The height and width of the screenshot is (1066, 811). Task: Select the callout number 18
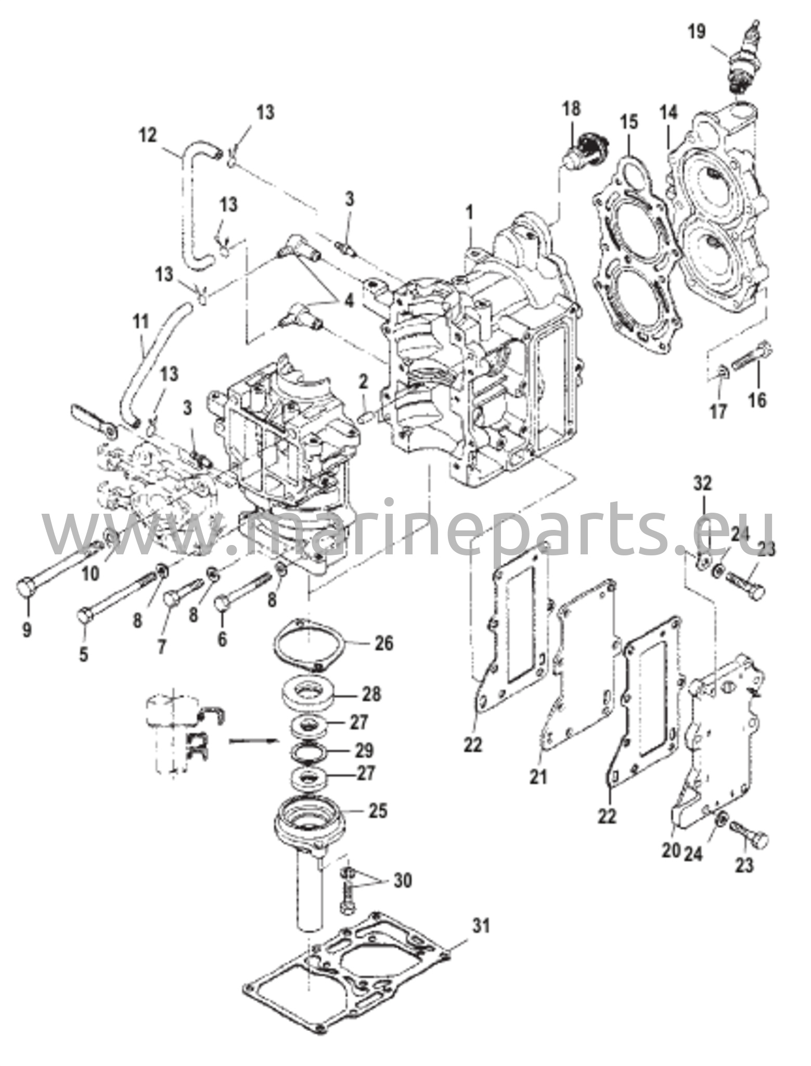(571, 109)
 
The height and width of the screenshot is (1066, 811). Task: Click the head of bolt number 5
(85, 618)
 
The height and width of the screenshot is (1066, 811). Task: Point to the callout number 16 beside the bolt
(758, 400)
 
